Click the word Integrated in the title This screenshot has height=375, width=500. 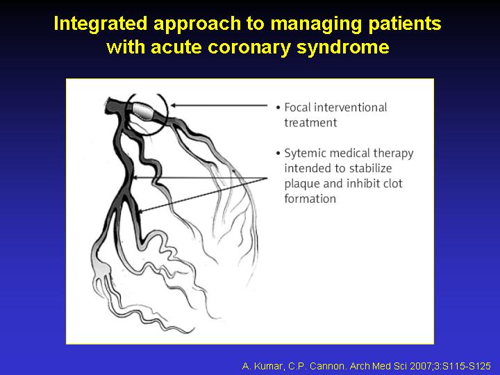tap(101, 24)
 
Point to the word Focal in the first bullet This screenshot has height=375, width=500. tap(297, 108)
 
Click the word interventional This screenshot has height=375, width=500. tap(351, 108)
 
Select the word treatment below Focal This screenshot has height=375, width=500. tap(310, 123)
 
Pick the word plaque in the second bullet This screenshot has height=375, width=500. tap(302, 184)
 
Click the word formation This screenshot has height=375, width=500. tap(310, 199)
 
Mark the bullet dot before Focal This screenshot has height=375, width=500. tap(278, 108)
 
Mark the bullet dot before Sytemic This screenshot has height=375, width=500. tap(278, 153)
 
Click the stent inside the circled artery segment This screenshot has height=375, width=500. tap(143, 110)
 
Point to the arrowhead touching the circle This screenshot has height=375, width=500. tap(174, 106)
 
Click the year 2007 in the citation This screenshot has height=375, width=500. tap(420, 366)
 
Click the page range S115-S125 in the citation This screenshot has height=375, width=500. tap(467, 366)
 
